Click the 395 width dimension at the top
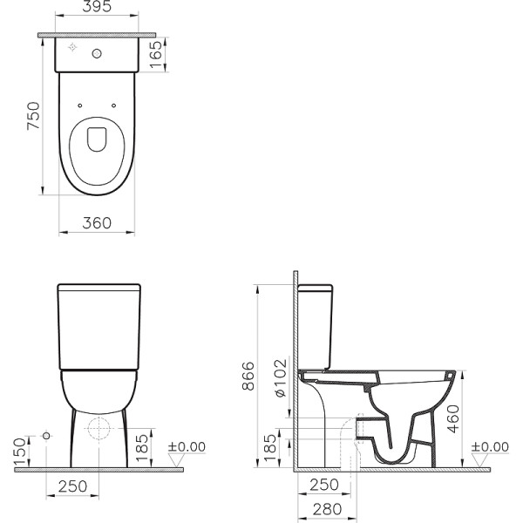coord(98,9)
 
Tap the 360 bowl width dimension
coord(98,223)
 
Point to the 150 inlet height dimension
coord(20,449)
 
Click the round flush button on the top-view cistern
coord(98,54)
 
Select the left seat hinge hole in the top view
coord(81,106)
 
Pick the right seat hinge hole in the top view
coord(115,106)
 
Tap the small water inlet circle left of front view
coord(45,434)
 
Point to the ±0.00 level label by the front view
coord(187,446)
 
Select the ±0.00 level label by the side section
coord(489,446)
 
